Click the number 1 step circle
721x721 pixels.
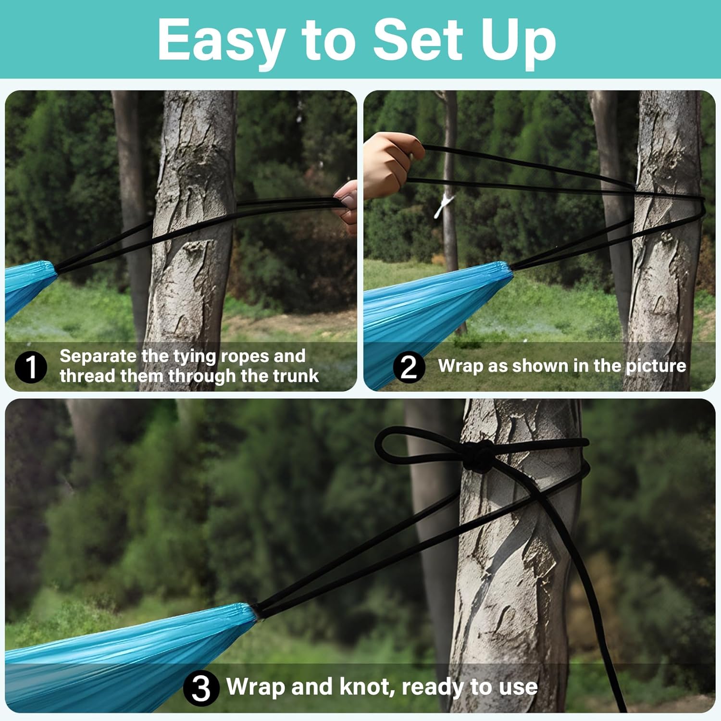pyautogui.click(x=31, y=367)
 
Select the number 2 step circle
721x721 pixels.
pyautogui.click(x=409, y=367)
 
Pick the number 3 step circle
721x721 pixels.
pyautogui.click(x=201, y=688)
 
